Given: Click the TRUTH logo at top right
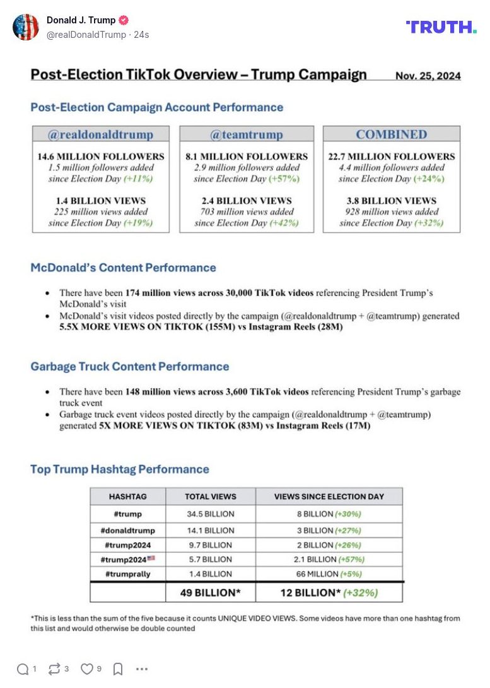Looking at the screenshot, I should [441, 27].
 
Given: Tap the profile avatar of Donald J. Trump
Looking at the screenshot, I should [26, 27].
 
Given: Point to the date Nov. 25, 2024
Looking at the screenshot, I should [428, 76].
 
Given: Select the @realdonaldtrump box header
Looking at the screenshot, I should [101, 134].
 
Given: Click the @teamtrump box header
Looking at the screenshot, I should [247, 134].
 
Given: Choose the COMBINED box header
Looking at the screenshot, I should [391, 134].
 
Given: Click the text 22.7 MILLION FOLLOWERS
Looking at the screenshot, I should [391, 157].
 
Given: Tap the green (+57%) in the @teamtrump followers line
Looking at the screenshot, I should [284, 179].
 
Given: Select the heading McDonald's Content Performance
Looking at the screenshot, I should [123, 268].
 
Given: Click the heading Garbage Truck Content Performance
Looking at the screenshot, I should [130, 367].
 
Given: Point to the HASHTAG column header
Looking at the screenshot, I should [128, 496].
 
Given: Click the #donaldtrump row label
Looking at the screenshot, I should [128, 530].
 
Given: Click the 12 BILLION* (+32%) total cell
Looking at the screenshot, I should [329, 593].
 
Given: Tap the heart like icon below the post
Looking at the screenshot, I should [87, 669].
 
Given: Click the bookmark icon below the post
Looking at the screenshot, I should [117, 669].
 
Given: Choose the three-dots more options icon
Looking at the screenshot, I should [142, 669].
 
